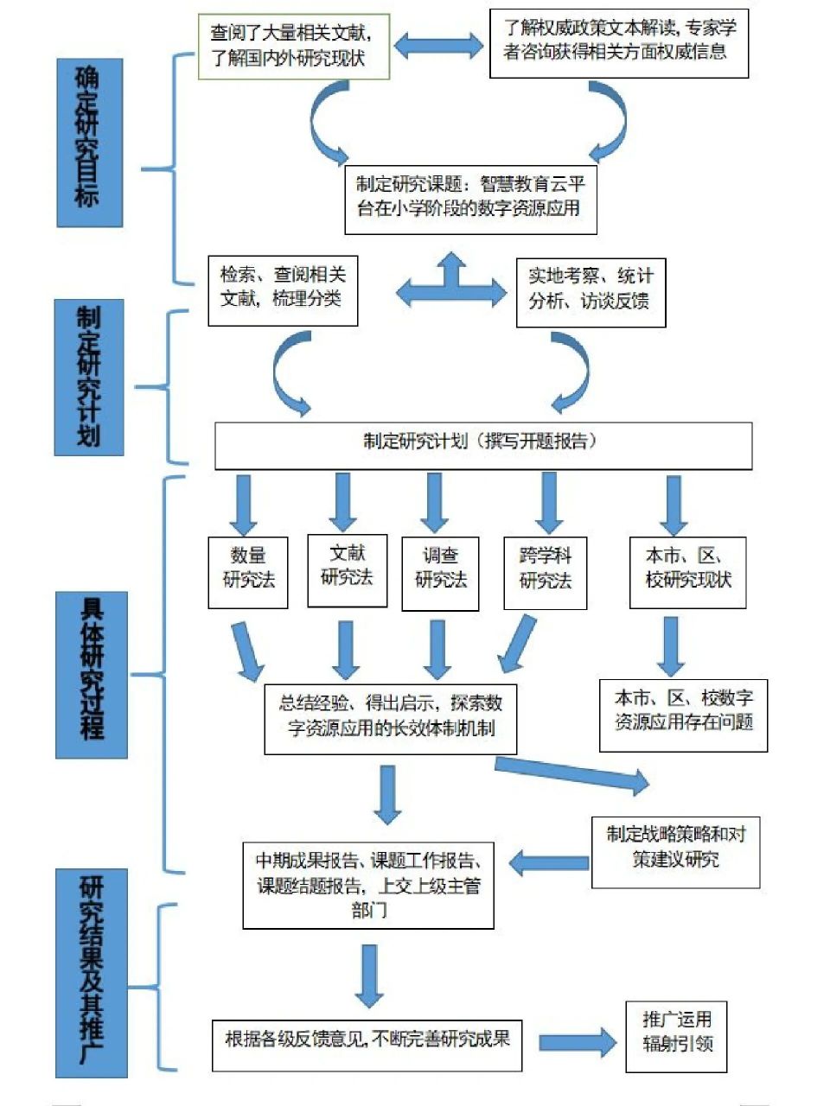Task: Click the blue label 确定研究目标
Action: point(90,143)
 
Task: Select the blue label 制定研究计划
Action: point(89,378)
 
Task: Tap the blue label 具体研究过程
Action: point(92,675)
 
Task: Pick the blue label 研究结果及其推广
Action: point(92,973)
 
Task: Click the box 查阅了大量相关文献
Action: point(293,47)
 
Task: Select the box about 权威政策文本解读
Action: point(618,42)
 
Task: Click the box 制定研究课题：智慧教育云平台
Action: point(470,198)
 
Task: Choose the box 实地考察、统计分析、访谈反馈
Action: point(591,291)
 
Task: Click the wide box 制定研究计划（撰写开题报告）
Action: point(482,444)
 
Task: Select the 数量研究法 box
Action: point(248,571)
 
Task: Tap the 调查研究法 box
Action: point(440,572)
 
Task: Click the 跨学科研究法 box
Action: point(545,572)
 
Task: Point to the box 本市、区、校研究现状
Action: point(687,571)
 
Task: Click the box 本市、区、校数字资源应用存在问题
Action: point(683,714)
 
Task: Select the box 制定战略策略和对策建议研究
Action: point(675,851)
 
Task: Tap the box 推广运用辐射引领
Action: point(677,1036)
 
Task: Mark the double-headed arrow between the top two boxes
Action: point(440,45)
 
